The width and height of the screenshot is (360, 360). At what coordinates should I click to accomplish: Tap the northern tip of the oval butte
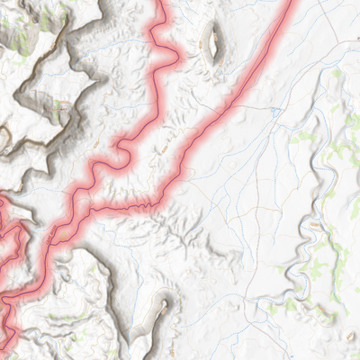213,26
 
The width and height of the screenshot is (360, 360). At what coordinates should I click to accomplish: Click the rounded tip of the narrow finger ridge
165,304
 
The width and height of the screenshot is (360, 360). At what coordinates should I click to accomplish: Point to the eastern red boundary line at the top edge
293,3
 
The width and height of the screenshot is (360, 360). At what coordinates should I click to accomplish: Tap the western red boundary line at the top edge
165,3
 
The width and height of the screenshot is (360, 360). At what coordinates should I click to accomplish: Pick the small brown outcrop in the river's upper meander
319,162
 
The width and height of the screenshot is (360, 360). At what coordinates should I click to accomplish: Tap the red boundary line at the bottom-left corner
4,346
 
